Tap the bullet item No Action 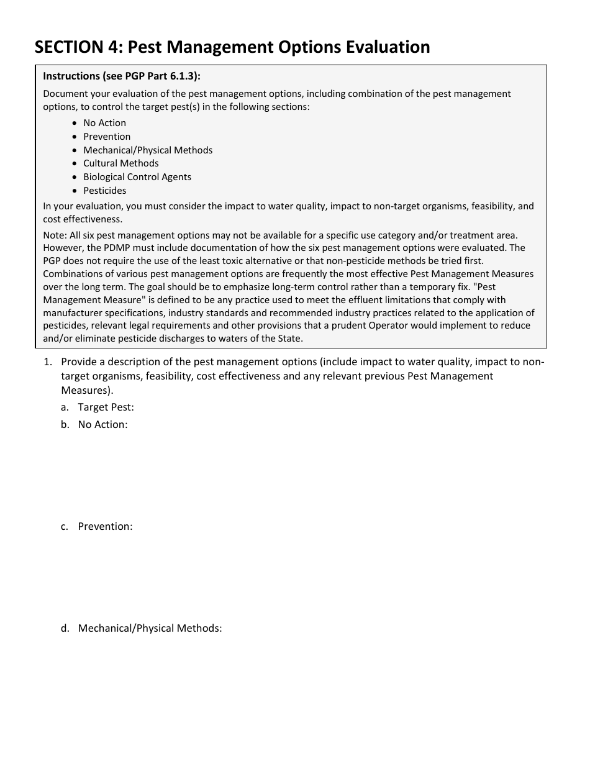pyautogui.click(x=104, y=123)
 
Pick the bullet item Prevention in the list pyautogui.click(x=107, y=137)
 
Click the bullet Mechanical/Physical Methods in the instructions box pyautogui.click(x=148, y=150)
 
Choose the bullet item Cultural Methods pyautogui.click(x=121, y=163)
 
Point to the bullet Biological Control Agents pyautogui.click(x=137, y=177)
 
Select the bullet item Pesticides pyautogui.click(x=104, y=191)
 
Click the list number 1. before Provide pyautogui.click(x=47, y=362)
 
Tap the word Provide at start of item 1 pyautogui.click(x=79, y=362)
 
